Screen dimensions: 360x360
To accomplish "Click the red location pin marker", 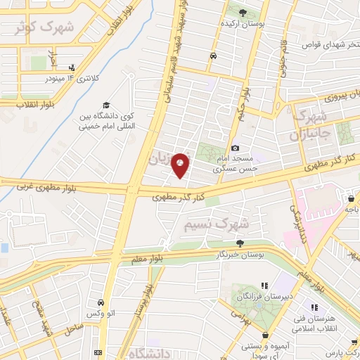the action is coord(181,165).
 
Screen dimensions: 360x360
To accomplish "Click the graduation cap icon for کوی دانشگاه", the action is coord(105,105).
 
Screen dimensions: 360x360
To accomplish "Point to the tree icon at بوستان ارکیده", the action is coord(243,13).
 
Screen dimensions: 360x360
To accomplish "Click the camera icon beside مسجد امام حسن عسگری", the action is coord(236,148).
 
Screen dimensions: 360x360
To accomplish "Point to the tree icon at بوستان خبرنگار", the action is coord(240,243).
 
